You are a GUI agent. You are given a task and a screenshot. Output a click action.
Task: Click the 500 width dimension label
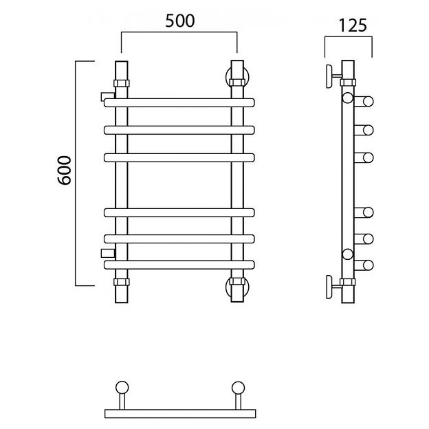coord(179,21)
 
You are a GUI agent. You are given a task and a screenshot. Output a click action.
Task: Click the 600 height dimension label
coord(65,170)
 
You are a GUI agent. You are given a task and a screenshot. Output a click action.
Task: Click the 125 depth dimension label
coord(353,25)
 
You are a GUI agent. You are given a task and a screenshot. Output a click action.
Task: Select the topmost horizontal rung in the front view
coord(179,102)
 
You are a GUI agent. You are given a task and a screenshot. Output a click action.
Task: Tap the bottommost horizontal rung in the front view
coord(179,265)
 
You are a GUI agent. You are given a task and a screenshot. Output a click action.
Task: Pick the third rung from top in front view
coord(179,157)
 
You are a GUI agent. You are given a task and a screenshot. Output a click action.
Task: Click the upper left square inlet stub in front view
coord(108,96)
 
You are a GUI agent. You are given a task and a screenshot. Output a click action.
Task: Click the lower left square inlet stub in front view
coord(108,254)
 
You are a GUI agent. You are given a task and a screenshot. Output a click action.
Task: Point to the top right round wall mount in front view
coord(237,77)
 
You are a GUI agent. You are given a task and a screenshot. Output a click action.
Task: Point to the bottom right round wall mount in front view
coord(237,286)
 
